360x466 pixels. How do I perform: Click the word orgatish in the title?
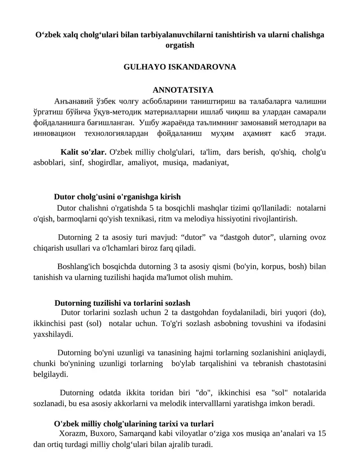coord(180,45)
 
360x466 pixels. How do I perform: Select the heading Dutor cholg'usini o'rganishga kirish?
coord(117,197)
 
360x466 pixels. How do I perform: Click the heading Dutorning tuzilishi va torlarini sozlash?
coord(122,303)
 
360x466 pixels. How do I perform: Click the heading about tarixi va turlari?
coord(133,424)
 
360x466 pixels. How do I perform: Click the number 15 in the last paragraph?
coord(322,434)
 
